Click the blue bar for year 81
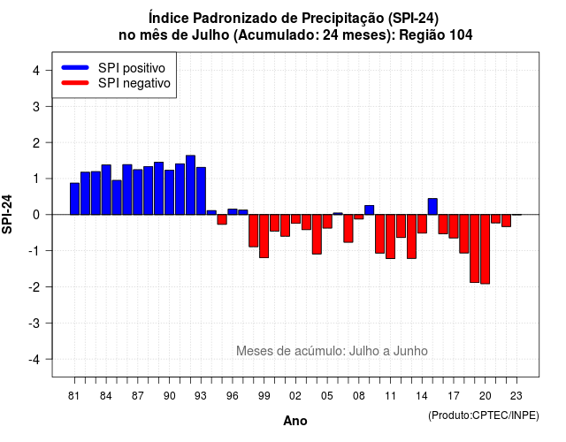pyautogui.click(x=74, y=199)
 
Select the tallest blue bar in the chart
pyautogui.click(x=191, y=185)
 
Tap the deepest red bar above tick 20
pyautogui.click(x=486, y=249)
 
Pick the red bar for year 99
pyautogui.click(x=264, y=236)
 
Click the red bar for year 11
pyautogui.click(x=390, y=236)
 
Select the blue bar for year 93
pyautogui.click(x=201, y=191)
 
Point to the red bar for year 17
pyautogui.click(x=454, y=226)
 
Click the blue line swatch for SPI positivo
pyautogui.click(x=75, y=67)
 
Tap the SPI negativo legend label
pyautogui.click(x=134, y=83)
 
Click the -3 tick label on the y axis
pyautogui.click(x=34, y=323)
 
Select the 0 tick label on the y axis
pyautogui.click(x=36, y=215)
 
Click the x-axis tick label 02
pyautogui.click(x=295, y=396)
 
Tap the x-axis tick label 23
pyautogui.click(x=516, y=396)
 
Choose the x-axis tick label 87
pyautogui.click(x=138, y=396)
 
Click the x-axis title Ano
pyautogui.click(x=295, y=421)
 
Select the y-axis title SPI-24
pyautogui.click(x=7, y=214)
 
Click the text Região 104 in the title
pyautogui.click(x=436, y=35)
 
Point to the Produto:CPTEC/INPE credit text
pyautogui.click(x=484, y=415)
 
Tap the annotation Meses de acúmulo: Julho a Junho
pyautogui.click(x=332, y=351)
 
